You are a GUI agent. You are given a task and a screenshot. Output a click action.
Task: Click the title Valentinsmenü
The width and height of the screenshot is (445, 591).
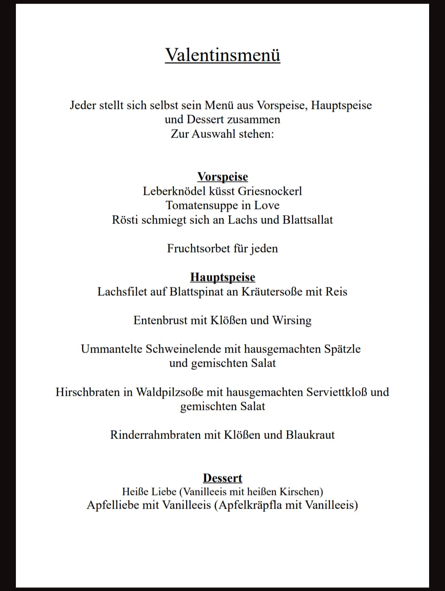222,55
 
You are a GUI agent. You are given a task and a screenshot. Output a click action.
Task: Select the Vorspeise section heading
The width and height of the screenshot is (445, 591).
222,177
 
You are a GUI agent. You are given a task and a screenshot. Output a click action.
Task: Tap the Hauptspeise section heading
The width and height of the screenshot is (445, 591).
222,277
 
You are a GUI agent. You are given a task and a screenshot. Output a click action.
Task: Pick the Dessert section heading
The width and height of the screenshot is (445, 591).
222,478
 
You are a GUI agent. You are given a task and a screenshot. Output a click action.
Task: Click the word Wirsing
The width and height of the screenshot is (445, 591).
292,320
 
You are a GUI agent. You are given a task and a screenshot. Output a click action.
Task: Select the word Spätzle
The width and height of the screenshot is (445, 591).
342,349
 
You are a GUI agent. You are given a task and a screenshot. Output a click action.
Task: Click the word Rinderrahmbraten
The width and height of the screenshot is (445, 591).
155,435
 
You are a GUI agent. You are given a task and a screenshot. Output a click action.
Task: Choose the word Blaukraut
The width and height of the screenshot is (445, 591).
310,435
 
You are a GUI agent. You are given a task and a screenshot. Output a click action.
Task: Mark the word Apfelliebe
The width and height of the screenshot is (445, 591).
113,505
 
